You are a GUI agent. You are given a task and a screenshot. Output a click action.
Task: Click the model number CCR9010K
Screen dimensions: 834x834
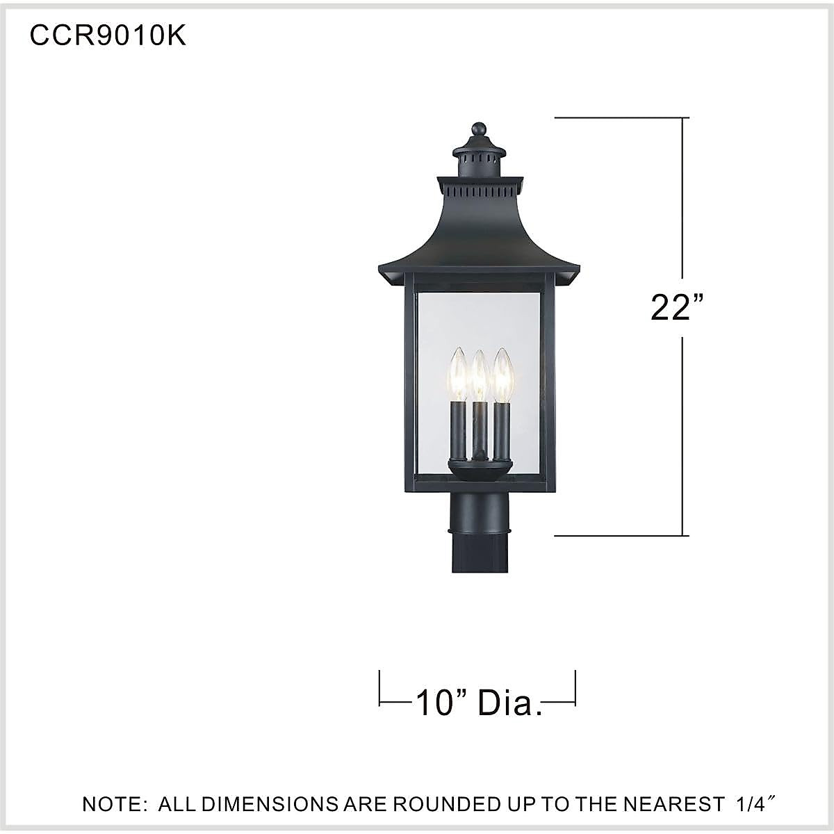click(108, 36)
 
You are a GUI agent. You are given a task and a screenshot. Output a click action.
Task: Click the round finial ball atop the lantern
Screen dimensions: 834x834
click(478, 129)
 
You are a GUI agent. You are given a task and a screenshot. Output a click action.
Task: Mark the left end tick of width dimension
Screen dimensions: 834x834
click(379, 688)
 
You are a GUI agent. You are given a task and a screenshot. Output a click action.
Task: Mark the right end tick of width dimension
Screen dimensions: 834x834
click(575, 688)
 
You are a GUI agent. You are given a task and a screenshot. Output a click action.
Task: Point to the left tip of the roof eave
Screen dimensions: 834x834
click(380, 269)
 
